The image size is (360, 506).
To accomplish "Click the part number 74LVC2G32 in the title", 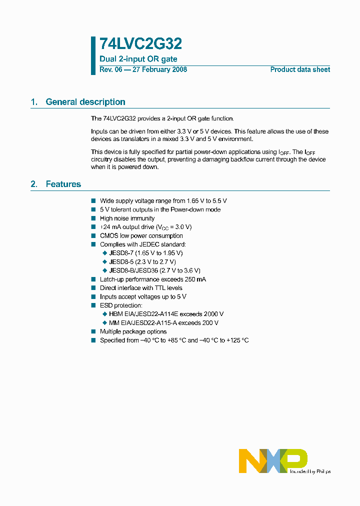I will pos(140,44).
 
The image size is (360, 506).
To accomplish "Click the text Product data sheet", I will pos(300,69).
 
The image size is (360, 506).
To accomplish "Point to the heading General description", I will pos(85,102).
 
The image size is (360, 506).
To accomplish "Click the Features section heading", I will pos(63,184).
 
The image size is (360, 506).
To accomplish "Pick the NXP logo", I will pos(273,460).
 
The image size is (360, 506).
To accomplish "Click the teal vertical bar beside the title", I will pos(93,55).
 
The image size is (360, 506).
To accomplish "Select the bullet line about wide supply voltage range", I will pos(163,200).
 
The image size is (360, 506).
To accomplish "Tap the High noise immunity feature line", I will pos(127,218).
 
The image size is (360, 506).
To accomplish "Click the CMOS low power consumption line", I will pos(141,235).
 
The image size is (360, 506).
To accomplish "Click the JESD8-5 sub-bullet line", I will pos(142,261).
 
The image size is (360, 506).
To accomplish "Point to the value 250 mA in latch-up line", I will pos(194,279).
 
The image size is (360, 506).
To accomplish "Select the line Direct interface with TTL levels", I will pos(141,288).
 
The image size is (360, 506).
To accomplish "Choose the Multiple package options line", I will pos(133,331).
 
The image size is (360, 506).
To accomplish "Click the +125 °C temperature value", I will pos(237,340).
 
